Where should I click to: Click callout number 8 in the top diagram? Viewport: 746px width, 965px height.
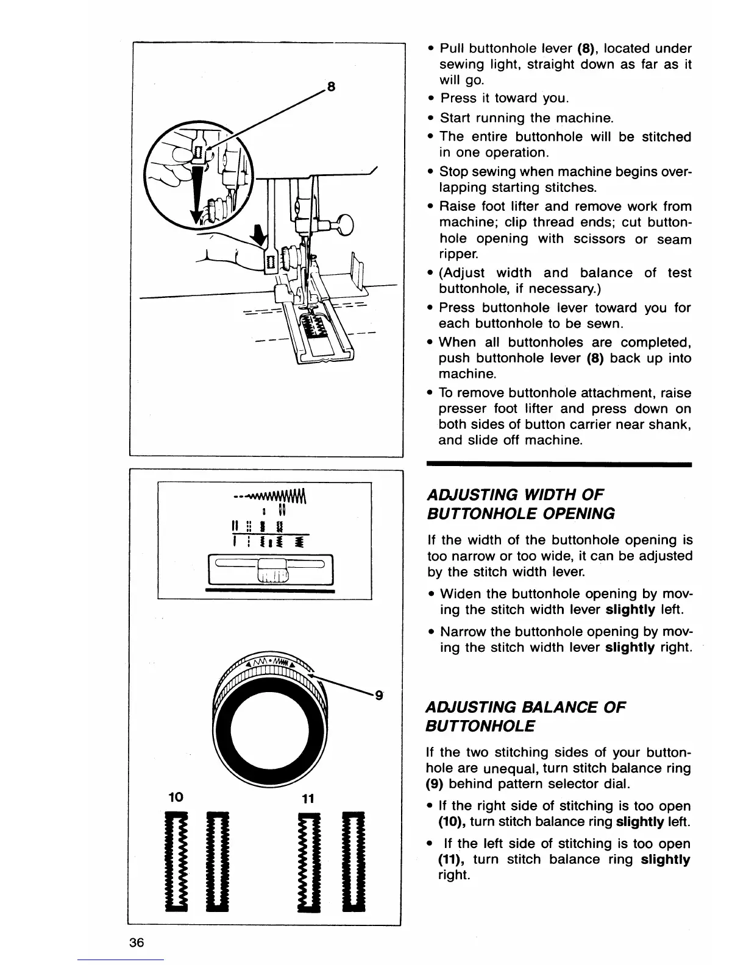331,87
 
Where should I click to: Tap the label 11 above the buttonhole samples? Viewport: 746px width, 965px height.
307,799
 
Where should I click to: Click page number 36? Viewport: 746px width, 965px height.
136,942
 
